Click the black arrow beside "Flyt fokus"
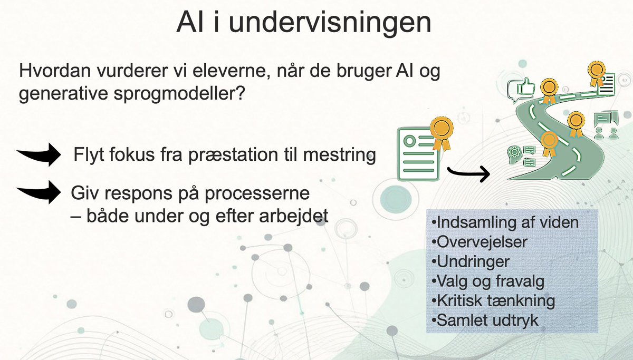[x=40, y=154]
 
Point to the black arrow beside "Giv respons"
[x=40, y=192]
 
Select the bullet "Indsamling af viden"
[x=505, y=222]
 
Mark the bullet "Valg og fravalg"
[x=487, y=280]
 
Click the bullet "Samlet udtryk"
[x=485, y=320]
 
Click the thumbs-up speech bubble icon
[x=520, y=91]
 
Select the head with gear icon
[x=514, y=153]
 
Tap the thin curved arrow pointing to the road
[x=467, y=174]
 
